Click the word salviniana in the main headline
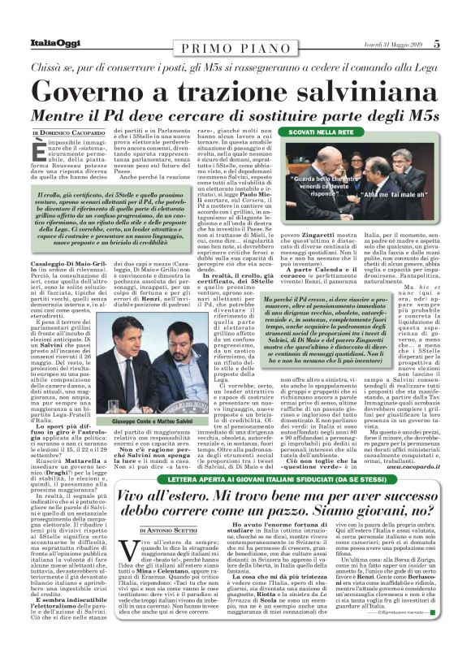[x=336, y=92]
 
